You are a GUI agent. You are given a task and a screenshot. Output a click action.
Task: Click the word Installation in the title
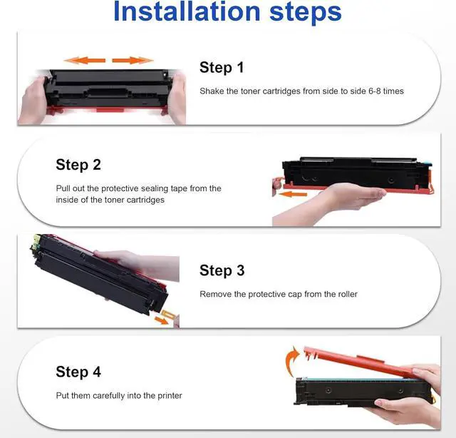point(187,11)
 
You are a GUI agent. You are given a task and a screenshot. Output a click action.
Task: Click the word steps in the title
point(306,14)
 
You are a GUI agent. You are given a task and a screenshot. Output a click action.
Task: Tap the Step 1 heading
point(222,67)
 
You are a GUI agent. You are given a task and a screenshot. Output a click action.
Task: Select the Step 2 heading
point(78,165)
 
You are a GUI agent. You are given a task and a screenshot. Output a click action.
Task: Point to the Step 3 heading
point(222,270)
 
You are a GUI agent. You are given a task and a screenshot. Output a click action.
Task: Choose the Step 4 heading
point(78,372)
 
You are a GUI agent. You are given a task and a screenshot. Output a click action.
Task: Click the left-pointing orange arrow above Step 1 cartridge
point(84,61)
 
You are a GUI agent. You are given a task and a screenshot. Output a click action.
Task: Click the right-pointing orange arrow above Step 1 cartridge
point(133,61)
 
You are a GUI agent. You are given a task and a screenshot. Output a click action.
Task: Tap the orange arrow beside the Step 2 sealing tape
point(292,194)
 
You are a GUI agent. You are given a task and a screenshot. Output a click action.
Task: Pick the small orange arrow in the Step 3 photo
point(161,320)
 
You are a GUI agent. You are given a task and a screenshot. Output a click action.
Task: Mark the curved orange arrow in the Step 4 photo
point(291,361)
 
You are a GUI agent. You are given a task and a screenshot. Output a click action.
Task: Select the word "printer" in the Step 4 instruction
point(170,396)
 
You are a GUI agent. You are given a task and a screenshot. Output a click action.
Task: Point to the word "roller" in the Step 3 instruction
point(347,294)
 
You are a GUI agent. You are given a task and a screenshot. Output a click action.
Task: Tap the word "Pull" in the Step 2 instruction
point(63,188)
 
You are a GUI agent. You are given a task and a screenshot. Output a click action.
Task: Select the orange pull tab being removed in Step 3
point(168,315)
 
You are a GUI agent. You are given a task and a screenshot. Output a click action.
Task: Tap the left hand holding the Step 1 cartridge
point(33,101)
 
